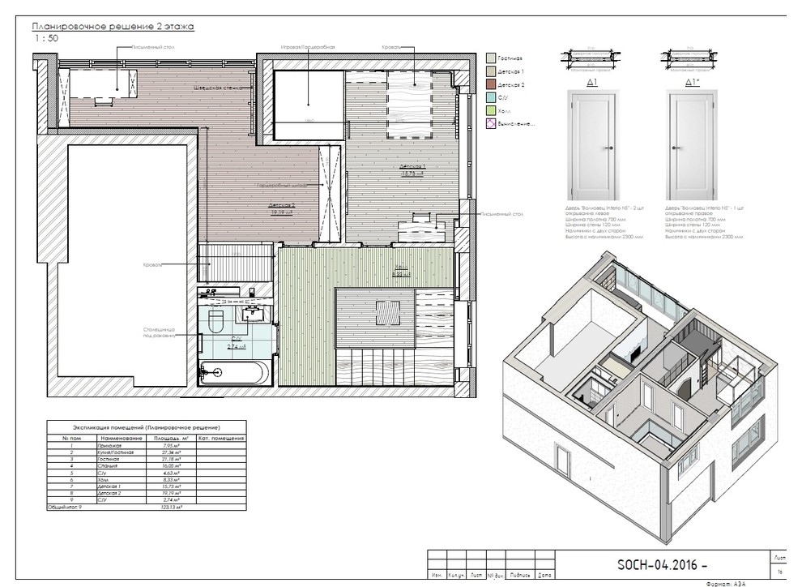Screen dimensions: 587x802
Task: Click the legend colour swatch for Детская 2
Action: tap(490, 84)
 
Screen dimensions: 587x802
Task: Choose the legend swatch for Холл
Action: tap(490, 110)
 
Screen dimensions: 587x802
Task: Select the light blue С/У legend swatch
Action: tap(490, 97)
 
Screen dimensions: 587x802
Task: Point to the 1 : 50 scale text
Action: tap(45, 38)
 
